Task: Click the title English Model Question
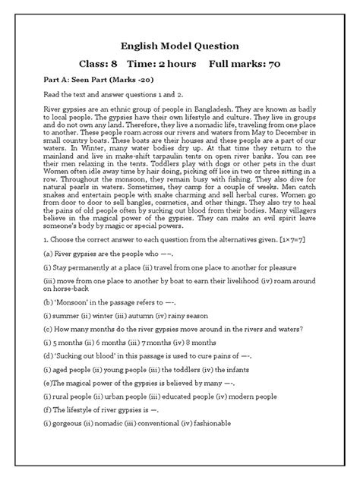coord(180,46)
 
